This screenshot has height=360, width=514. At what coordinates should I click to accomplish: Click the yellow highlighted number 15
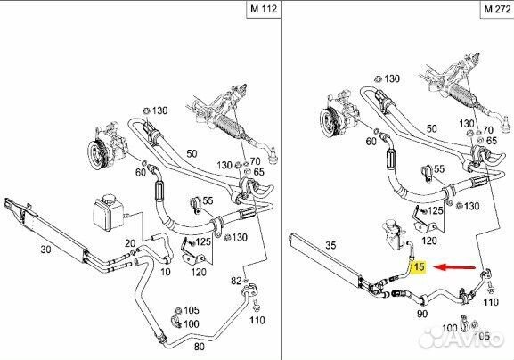tap(419, 265)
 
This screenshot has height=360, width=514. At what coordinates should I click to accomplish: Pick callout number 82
tap(236, 281)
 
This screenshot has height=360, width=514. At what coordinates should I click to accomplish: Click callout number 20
tap(130, 244)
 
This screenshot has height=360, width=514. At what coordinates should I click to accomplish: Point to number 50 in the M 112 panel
tap(192, 154)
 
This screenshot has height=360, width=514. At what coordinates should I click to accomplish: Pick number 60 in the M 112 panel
tap(140, 171)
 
